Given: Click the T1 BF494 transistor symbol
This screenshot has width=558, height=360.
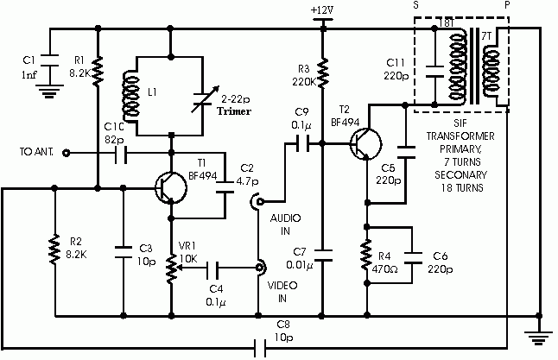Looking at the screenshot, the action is [171, 188].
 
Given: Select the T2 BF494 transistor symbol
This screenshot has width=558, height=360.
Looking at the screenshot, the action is [366, 144].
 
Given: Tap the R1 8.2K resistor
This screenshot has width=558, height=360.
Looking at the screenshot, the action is [98, 71].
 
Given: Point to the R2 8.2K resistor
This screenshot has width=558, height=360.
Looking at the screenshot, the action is [54, 249].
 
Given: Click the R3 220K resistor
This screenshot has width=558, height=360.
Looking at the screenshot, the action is [323, 73].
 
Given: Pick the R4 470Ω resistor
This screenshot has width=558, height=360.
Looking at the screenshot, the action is [366, 255].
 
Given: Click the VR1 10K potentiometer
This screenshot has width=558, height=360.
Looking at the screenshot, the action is [172, 268].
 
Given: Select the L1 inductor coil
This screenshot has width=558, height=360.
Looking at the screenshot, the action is [130, 96].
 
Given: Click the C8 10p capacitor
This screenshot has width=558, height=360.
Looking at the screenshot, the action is [260, 348].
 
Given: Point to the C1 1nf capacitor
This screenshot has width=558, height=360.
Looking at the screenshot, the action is [49, 60].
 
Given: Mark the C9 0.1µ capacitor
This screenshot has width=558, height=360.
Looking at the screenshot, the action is [303, 143].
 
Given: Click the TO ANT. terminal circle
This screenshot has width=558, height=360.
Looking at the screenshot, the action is [66, 154].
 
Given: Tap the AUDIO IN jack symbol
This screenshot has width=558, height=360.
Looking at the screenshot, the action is [257, 202].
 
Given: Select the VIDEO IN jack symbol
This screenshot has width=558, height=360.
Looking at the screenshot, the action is [261, 268].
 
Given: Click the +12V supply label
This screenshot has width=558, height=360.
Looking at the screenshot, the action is [322, 10].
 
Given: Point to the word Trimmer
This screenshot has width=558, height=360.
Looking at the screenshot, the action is [234, 111].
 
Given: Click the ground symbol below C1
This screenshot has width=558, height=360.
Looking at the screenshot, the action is [49, 91].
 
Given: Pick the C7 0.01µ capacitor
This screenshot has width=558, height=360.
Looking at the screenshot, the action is [323, 255].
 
